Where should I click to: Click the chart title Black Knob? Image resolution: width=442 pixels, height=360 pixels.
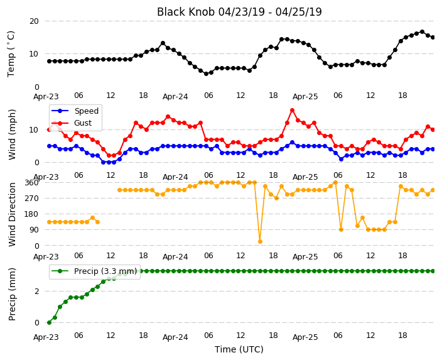(x=186, y=12)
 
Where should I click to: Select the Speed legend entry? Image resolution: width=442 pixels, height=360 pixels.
(x=75, y=111)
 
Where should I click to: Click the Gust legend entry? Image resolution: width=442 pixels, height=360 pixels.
(x=72, y=123)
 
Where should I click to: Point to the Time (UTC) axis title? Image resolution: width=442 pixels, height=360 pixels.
(x=239, y=349)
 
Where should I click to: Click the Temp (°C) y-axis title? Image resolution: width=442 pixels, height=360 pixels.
(x=11, y=54)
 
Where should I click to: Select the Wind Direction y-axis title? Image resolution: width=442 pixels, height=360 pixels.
(x=12, y=214)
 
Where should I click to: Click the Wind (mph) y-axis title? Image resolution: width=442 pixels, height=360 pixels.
(x=12, y=134)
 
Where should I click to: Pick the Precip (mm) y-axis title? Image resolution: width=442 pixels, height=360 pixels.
(x=12, y=294)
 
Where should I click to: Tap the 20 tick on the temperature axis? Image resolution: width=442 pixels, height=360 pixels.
(x=33, y=21)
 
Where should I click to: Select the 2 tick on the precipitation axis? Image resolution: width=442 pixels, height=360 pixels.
(x=36, y=291)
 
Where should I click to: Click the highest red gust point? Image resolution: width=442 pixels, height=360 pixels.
(x=293, y=111)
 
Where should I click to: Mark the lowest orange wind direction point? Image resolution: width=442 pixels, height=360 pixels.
(x=260, y=241)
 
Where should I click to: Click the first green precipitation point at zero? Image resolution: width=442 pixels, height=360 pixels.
(x=50, y=322)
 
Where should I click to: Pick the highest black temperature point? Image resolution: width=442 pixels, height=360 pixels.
(x=422, y=32)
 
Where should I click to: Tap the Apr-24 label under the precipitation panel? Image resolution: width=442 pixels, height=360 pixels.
(x=175, y=337)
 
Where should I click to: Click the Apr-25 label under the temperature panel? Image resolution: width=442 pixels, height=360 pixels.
(x=305, y=97)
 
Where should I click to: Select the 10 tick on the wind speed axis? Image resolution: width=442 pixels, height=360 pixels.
(x=33, y=130)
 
